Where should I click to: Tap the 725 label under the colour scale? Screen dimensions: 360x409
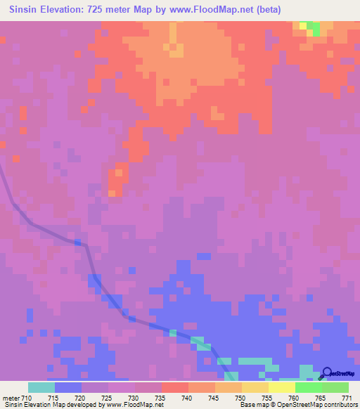coord(106,397)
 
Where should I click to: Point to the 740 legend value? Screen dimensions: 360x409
coord(186,397)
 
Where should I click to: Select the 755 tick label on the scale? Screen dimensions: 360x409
coord(266,397)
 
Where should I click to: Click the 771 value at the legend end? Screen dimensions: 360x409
coord(347,397)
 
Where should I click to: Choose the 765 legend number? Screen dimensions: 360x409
coord(320,397)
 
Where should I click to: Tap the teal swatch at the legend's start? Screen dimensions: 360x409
coord(41,387)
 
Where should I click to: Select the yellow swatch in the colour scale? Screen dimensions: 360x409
coord(281,387)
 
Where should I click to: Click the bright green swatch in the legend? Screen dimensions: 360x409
coord(308,387)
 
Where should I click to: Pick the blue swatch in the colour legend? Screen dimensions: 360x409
coord(67,387)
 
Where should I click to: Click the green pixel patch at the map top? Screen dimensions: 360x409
coord(314,27)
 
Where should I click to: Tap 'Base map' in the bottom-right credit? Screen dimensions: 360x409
coord(252,405)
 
